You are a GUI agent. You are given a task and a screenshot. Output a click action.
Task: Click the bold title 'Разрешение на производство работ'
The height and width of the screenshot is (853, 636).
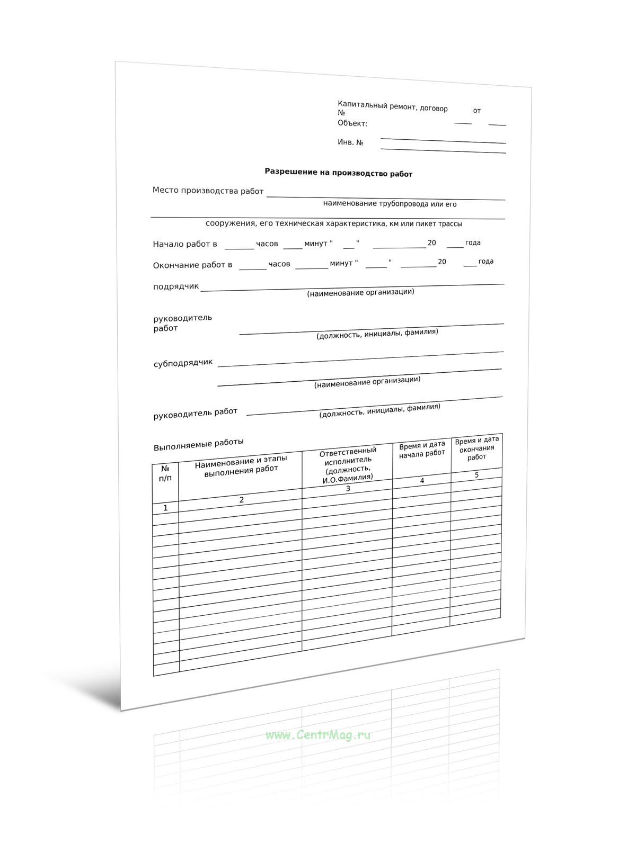[x=338, y=173]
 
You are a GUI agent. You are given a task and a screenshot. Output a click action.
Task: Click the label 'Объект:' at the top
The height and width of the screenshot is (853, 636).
[x=352, y=123]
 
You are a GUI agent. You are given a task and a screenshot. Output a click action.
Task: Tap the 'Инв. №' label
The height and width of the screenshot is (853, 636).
[x=350, y=142]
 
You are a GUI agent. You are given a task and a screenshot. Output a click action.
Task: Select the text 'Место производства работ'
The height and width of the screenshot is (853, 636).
[x=208, y=191]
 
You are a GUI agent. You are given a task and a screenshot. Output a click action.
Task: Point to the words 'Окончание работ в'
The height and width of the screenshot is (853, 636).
[x=192, y=265]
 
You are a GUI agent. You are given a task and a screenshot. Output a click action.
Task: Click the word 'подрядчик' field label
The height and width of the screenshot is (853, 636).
[x=176, y=286]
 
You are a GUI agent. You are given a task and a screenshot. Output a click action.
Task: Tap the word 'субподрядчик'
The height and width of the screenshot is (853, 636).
[x=183, y=363]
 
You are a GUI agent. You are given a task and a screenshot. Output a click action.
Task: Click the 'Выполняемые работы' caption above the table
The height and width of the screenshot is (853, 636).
[x=198, y=444]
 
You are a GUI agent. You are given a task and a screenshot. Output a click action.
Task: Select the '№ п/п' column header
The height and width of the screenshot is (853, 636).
[x=165, y=473]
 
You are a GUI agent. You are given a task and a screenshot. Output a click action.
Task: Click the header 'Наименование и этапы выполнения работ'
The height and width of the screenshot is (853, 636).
[x=241, y=464]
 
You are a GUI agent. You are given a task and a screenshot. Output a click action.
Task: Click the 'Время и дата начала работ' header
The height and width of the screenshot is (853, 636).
[x=422, y=450]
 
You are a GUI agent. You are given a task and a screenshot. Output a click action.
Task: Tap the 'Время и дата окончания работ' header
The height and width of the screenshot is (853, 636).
[x=476, y=448]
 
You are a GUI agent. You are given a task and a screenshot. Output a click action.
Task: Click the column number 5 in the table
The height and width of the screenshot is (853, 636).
[x=476, y=475]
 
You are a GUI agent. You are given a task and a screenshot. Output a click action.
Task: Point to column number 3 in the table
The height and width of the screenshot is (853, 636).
[x=348, y=489]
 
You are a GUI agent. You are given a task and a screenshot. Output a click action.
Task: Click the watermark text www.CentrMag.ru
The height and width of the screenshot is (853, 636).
[x=318, y=734]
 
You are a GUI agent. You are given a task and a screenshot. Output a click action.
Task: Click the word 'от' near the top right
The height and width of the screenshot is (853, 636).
[x=476, y=111]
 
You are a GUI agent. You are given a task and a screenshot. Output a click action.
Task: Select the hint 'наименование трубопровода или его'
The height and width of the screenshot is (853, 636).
[x=390, y=204]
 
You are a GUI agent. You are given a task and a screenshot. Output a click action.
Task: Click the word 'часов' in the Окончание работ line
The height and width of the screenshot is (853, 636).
[x=279, y=264]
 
